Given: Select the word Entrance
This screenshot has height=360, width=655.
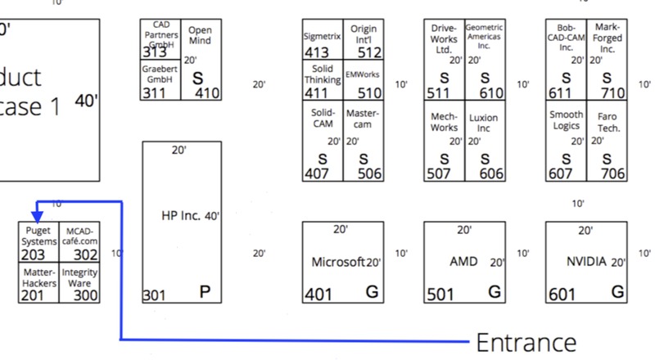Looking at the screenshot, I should [x=526, y=341].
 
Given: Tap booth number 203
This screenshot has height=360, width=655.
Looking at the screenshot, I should [x=32, y=255].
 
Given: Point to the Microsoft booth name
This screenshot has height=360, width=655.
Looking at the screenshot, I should [x=338, y=262].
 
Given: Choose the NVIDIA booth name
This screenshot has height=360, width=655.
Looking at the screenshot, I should [x=586, y=262].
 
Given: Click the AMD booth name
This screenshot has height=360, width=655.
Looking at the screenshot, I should [x=463, y=262].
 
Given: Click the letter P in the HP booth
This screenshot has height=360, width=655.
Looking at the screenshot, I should [x=206, y=291].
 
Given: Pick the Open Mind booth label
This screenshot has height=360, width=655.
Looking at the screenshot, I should [x=200, y=35].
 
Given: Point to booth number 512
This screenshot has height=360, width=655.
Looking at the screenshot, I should [x=369, y=53].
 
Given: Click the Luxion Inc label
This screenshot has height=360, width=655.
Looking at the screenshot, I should [x=483, y=123].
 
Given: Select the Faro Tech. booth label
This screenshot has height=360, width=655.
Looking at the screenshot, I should [x=608, y=123].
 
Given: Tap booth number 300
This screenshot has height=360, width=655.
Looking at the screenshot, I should [x=85, y=295].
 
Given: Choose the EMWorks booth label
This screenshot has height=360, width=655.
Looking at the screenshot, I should [x=363, y=74].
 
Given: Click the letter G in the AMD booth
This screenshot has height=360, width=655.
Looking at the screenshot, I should [x=494, y=291].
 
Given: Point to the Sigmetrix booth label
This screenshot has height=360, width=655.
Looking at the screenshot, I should [x=322, y=37].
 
